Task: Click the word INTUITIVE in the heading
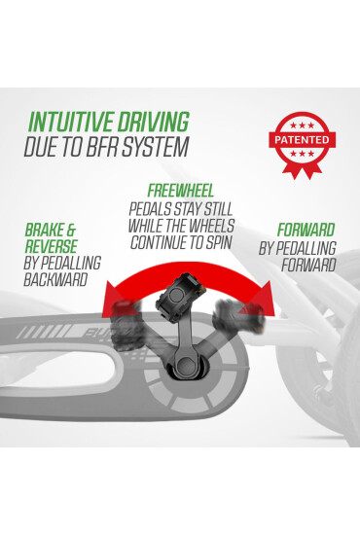(71, 122)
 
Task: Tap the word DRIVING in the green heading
(153, 122)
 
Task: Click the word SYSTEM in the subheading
(156, 147)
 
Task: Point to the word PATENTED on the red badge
(302, 140)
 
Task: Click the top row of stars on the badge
(302, 125)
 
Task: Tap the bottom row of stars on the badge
(302, 154)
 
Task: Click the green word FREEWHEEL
(181, 191)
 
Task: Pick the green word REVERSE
(52, 246)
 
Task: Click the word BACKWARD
(55, 279)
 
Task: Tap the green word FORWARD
(306, 230)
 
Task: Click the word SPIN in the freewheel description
(219, 242)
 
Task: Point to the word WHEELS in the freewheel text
(212, 226)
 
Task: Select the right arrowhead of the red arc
(262, 299)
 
